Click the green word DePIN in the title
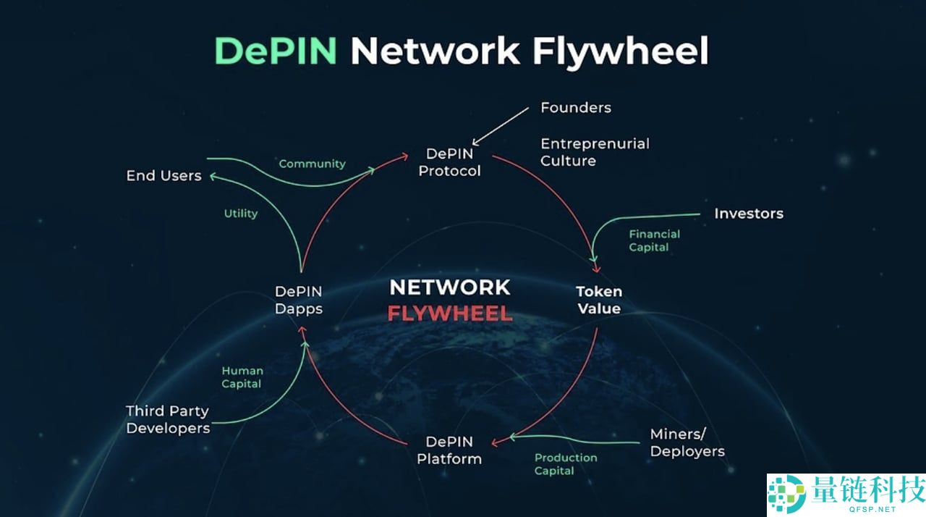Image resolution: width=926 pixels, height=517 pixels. [275, 51]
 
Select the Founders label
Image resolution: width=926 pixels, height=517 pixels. [576, 108]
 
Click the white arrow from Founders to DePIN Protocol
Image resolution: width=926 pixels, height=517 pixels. [501, 126]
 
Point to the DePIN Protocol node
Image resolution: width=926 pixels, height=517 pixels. [449, 162]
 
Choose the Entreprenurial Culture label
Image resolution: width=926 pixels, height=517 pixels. [595, 152]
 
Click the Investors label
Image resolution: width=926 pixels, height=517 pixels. [749, 214]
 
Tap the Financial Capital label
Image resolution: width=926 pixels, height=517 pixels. [654, 240]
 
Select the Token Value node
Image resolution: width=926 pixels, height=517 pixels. [598, 300]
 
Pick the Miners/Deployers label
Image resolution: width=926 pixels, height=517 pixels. [687, 442]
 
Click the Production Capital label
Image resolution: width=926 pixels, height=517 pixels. [566, 464]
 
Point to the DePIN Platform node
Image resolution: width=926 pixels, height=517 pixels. [449, 450]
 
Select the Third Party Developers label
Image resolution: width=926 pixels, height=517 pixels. [168, 419]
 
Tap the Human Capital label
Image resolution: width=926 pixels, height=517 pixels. [242, 377]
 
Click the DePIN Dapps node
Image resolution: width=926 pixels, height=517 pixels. [298, 300]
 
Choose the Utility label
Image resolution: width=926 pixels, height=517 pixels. [241, 214]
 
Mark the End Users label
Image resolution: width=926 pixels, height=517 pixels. [163, 175]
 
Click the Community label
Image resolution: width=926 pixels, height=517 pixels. [312, 164]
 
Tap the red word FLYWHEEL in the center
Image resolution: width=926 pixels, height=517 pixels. [450, 314]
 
